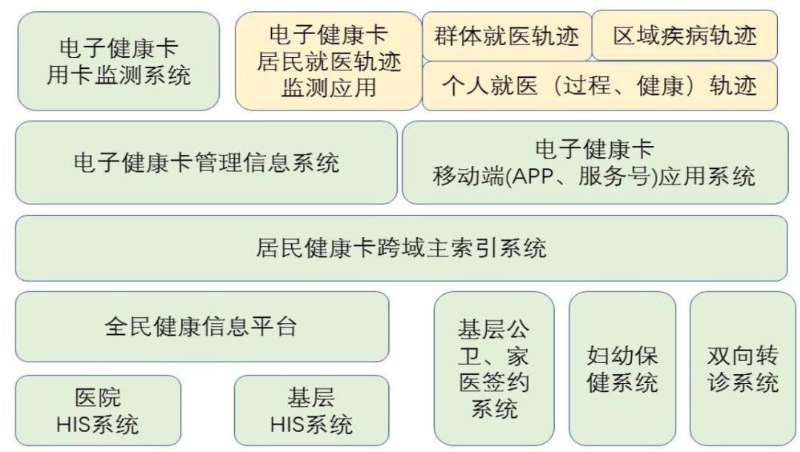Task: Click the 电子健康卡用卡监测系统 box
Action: (x=119, y=61)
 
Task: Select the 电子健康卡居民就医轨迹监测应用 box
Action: (x=329, y=61)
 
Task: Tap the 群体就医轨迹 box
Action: (x=507, y=35)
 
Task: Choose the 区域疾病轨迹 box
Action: (x=685, y=35)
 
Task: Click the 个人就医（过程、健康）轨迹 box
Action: (x=600, y=85)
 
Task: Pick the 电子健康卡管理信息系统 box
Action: (x=207, y=162)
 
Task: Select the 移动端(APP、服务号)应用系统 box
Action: (x=595, y=162)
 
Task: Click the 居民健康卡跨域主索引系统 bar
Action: (x=401, y=248)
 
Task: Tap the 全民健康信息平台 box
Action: (x=201, y=326)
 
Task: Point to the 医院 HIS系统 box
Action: (x=98, y=411)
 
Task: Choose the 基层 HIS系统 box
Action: (x=311, y=411)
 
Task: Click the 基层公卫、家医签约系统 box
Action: (x=494, y=368)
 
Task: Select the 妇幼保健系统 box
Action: (x=622, y=368)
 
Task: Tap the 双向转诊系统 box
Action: (x=743, y=368)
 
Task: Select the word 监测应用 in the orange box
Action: (x=329, y=87)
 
